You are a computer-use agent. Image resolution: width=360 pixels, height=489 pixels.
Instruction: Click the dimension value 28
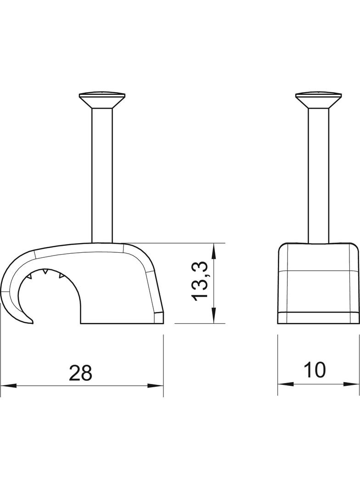[81, 373]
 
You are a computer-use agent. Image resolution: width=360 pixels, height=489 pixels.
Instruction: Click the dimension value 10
[315, 370]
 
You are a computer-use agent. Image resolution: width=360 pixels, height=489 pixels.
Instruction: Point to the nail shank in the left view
[102, 174]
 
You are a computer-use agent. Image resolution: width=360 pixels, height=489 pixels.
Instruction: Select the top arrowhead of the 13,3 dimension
[213, 250]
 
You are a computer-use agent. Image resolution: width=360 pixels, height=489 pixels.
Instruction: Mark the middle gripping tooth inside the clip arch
[45, 273]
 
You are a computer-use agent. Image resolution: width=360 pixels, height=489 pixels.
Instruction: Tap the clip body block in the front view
[319, 280]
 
